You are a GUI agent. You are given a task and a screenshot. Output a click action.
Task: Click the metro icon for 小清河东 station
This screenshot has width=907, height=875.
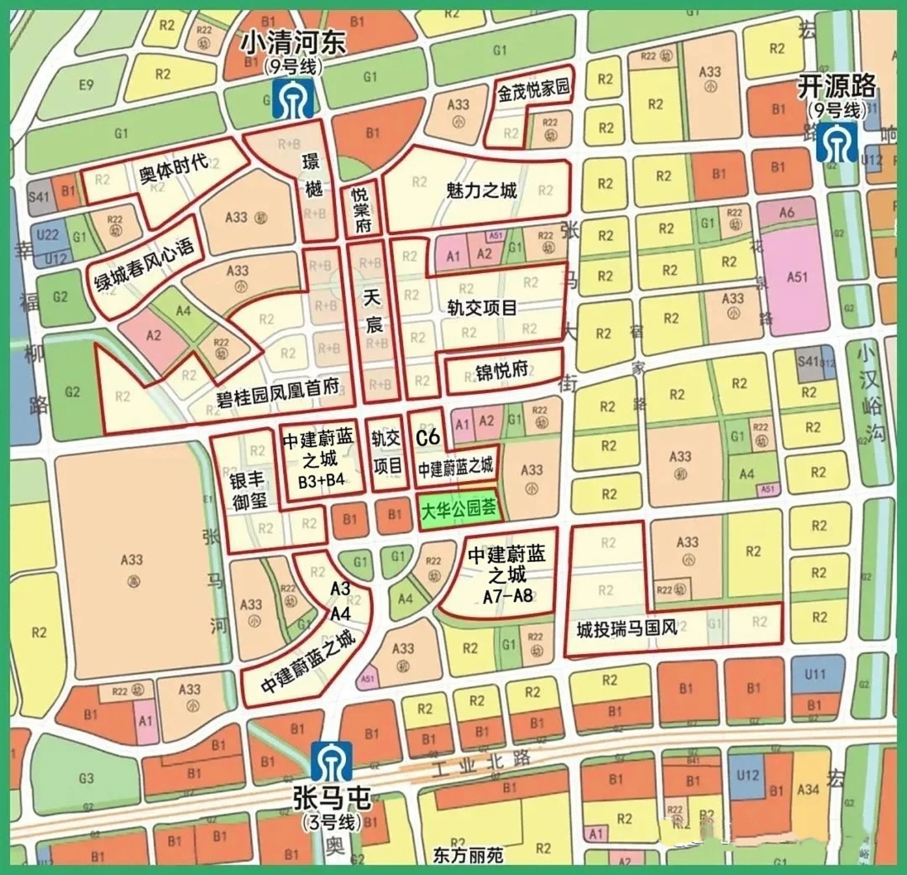(x=293, y=98)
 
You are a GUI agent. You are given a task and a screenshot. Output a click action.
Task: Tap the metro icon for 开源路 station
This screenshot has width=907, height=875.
(x=837, y=142)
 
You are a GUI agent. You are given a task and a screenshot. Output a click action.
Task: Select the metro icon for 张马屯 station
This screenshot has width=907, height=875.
(x=331, y=762)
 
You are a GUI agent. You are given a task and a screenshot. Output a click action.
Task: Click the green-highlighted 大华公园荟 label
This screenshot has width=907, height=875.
(x=457, y=510)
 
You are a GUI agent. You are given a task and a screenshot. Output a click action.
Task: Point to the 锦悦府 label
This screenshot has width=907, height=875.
(x=502, y=371)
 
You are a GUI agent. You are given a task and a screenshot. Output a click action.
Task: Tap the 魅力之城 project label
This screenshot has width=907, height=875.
(x=481, y=189)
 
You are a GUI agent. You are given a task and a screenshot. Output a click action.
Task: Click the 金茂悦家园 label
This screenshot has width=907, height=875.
(x=533, y=90)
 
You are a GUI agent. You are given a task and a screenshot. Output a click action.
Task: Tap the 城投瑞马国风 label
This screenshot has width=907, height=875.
(x=626, y=628)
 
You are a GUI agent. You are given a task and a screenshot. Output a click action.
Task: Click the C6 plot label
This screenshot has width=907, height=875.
(x=428, y=437)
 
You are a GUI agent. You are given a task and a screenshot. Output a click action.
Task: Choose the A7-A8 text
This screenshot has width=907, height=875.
(x=507, y=595)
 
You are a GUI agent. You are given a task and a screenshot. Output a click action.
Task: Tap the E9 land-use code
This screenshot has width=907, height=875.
(x=85, y=85)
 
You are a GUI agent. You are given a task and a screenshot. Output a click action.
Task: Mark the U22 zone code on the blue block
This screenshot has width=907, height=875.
(x=47, y=234)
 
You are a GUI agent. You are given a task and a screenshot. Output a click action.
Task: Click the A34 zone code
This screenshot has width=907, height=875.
(x=808, y=790)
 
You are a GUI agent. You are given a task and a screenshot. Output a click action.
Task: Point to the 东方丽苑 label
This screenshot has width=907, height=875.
(x=468, y=854)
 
